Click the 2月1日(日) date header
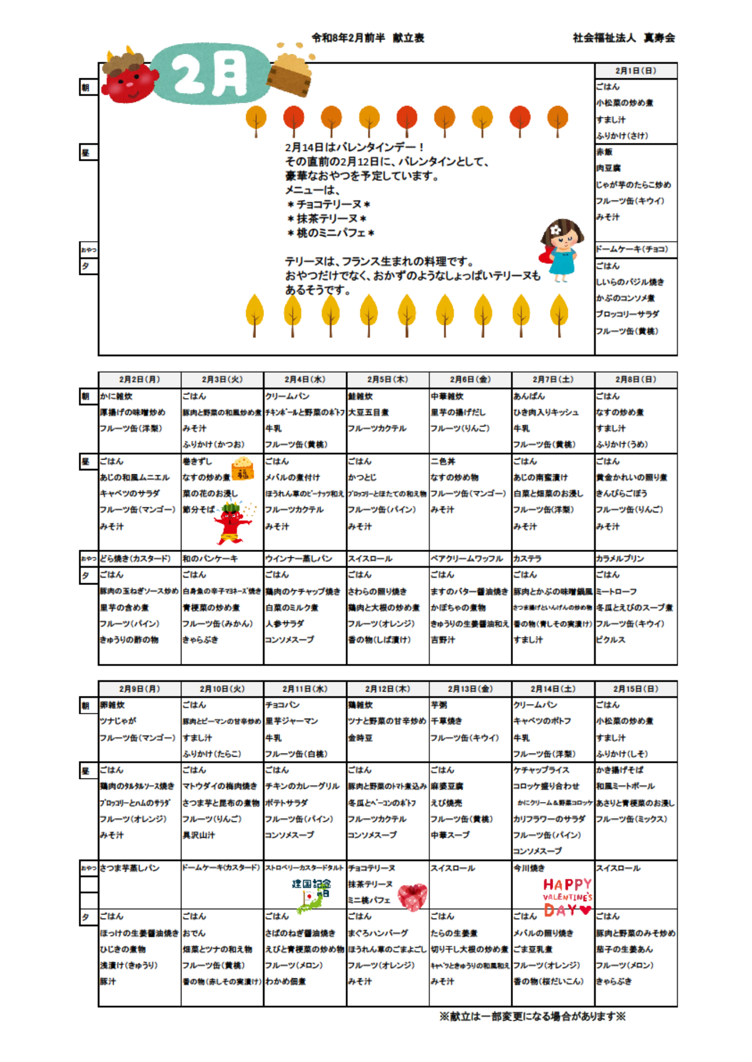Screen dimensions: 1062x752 click(635, 71)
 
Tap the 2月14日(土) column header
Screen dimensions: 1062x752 click(553, 689)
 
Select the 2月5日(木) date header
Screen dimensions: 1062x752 click(387, 379)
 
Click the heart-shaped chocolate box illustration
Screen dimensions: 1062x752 click(412, 896)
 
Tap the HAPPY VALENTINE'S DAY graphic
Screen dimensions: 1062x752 click(567, 897)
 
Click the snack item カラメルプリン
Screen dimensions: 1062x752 click(620, 558)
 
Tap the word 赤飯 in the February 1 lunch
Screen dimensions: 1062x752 click(604, 152)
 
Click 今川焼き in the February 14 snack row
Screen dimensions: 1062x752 click(529, 868)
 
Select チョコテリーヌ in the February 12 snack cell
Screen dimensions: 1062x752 click(372, 868)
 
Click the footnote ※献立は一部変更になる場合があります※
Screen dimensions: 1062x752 click(532, 1016)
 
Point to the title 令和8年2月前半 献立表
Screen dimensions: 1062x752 click(368, 38)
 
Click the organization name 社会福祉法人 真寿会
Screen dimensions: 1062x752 click(624, 38)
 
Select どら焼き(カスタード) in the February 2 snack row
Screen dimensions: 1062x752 click(135, 558)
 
